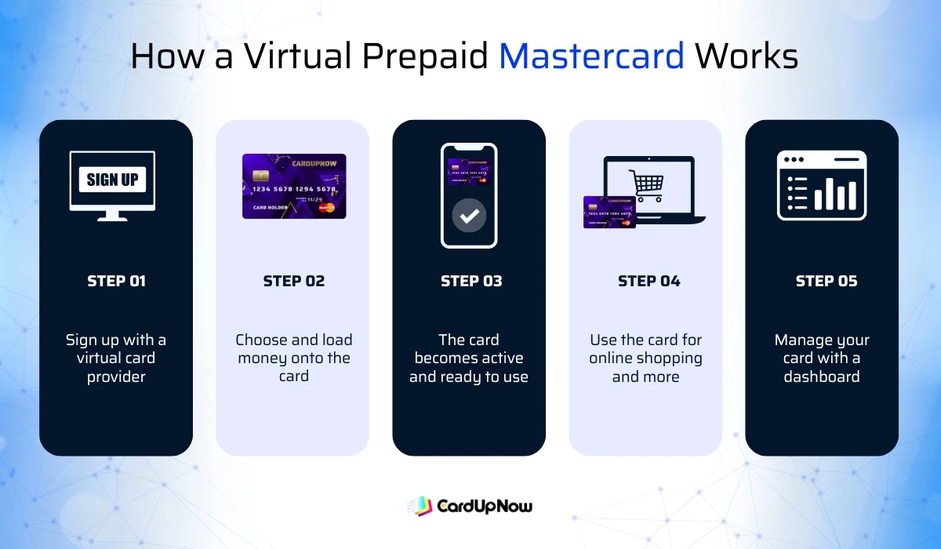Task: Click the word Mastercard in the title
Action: tap(591, 56)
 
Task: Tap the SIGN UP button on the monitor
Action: tap(112, 180)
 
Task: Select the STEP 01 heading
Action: tap(116, 281)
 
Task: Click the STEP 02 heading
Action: tap(293, 281)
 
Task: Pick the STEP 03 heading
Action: tap(470, 281)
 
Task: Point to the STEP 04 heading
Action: tap(649, 281)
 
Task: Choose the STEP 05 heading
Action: tap(826, 281)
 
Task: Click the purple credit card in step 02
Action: tap(293, 186)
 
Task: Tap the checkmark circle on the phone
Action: tap(469, 216)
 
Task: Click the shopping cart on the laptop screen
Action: tap(646, 185)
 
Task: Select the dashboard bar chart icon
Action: tap(821, 185)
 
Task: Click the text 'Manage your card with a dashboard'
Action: tap(822, 358)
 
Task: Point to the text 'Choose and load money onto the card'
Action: tap(293, 358)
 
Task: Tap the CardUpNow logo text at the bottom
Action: tap(484, 506)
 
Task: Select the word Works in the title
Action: tap(747, 56)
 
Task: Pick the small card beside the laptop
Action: tap(609, 212)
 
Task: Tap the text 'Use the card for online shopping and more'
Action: tap(645, 358)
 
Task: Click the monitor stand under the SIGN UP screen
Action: tap(112, 215)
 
